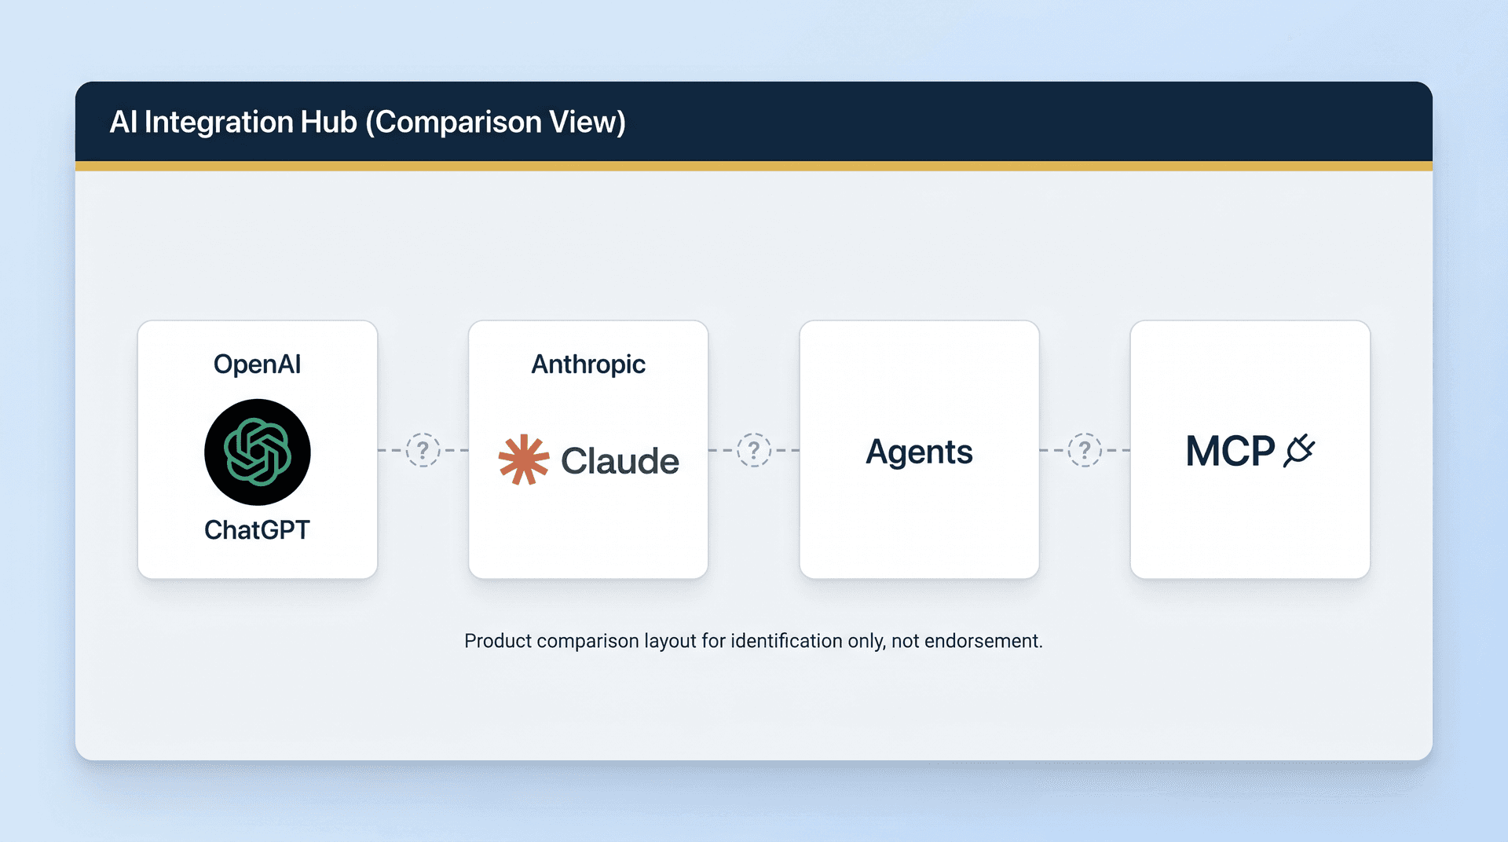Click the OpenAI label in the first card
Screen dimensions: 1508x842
(257, 364)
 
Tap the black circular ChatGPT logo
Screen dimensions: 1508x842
(258, 452)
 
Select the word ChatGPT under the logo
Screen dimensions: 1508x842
(257, 530)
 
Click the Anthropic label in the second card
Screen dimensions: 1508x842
(588, 364)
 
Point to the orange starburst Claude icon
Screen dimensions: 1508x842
(523, 460)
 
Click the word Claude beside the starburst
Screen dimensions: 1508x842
(620, 461)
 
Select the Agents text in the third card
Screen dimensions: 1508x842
(919, 452)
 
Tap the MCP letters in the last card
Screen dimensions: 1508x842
(1230, 452)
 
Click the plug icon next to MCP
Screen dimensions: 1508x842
(1299, 451)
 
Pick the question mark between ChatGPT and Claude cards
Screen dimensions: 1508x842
(423, 450)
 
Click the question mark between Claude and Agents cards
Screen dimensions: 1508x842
(754, 450)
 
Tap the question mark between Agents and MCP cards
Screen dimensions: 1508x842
(1085, 450)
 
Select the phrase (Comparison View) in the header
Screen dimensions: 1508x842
(496, 123)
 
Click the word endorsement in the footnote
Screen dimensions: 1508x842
(983, 641)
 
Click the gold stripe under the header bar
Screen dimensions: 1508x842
(754, 166)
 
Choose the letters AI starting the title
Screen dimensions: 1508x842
(123, 122)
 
